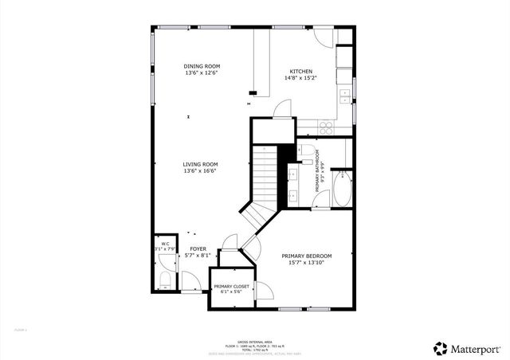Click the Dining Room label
coord(202,66)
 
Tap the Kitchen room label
coord(301,72)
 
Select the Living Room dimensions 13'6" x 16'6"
coord(201,170)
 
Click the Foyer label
coord(198,249)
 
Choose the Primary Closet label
coord(231,286)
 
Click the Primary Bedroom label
coord(307,256)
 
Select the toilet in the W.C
coord(164,279)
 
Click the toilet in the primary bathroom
coord(307,149)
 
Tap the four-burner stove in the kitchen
coord(326,126)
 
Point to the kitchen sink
coord(345,96)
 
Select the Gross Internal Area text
coord(255,340)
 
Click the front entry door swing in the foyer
coord(191,280)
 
